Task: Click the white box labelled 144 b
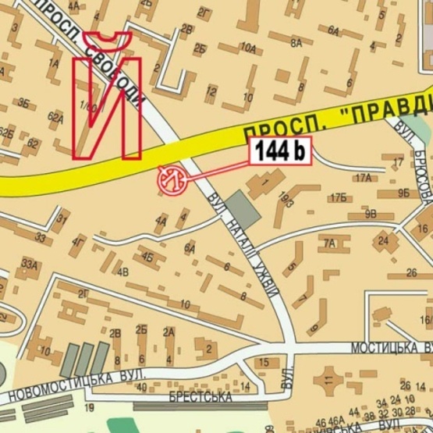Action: (280, 151)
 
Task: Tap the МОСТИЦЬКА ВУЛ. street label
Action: (389, 346)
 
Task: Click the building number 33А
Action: (30, 264)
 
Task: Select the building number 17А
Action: (363, 178)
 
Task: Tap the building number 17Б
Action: (337, 197)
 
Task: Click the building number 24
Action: (382, 240)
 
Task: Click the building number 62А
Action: (55, 118)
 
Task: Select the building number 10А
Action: (249, 48)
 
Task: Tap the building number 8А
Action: (296, 44)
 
